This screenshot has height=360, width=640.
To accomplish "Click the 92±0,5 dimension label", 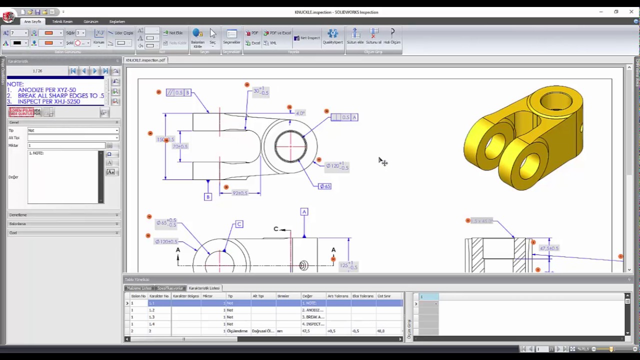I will tap(240, 193).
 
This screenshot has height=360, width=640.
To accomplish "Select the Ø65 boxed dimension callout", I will tap(325, 186).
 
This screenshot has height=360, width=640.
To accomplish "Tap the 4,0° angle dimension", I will tap(300, 113).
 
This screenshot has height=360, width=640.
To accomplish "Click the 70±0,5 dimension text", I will tap(180, 146).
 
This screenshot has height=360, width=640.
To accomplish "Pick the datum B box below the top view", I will tap(208, 197).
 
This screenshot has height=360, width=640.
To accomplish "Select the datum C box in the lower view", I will tap(239, 224).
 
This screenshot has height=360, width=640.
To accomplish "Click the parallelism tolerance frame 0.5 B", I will tap(178, 92).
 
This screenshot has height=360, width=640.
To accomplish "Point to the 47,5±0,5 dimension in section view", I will tap(549, 248).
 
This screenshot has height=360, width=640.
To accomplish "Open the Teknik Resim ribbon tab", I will tap(62, 21).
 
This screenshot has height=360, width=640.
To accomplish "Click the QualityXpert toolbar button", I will tap(332, 36).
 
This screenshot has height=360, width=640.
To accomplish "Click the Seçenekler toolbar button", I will tap(231, 36).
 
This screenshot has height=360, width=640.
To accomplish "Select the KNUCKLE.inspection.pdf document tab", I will tap(145, 60).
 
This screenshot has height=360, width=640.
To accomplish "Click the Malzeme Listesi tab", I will tap(139, 288).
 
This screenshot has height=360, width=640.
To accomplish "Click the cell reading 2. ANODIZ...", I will tap(313, 310).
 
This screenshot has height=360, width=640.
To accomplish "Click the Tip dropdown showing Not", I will tap(73, 130).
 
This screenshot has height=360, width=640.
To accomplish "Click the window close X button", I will tap(631, 11).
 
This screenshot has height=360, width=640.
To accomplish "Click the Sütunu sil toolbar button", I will tap(373, 36).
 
